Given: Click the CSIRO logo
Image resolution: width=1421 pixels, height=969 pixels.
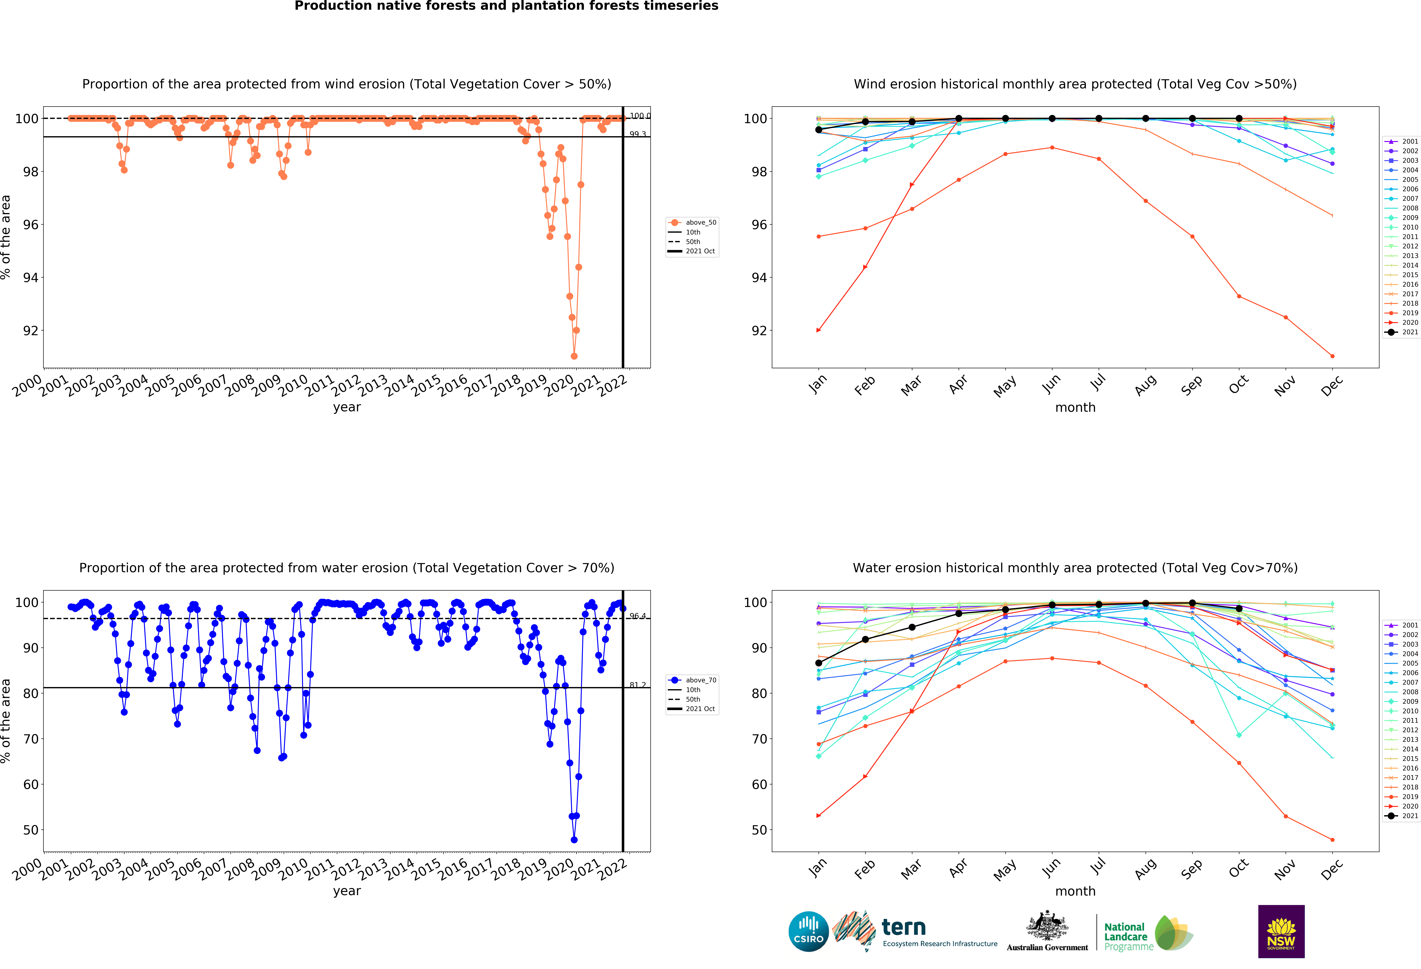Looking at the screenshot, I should pyautogui.click(x=808, y=932).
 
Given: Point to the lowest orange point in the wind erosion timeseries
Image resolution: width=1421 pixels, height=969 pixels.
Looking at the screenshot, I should pyautogui.click(x=574, y=356).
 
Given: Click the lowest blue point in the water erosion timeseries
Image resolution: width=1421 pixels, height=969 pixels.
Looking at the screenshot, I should pyautogui.click(x=574, y=840).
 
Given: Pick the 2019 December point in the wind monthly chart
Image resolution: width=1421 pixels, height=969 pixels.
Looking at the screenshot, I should pyautogui.click(x=1332, y=356).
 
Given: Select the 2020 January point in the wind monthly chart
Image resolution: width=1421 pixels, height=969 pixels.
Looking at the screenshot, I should pyautogui.click(x=819, y=330).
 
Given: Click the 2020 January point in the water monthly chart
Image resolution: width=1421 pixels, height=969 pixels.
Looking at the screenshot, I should pyautogui.click(x=819, y=816).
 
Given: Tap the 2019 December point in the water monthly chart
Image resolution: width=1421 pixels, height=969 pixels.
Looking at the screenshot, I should pyautogui.click(x=1332, y=840).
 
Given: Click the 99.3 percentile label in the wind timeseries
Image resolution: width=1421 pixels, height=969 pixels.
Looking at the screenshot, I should pyautogui.click(x=638, y=134).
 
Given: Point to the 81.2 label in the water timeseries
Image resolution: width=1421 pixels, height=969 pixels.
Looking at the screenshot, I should pyautogui.click(x=638, y=685).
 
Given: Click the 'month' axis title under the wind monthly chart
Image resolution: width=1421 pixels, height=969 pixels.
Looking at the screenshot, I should pyautogui.click(x=1075, y=407).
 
